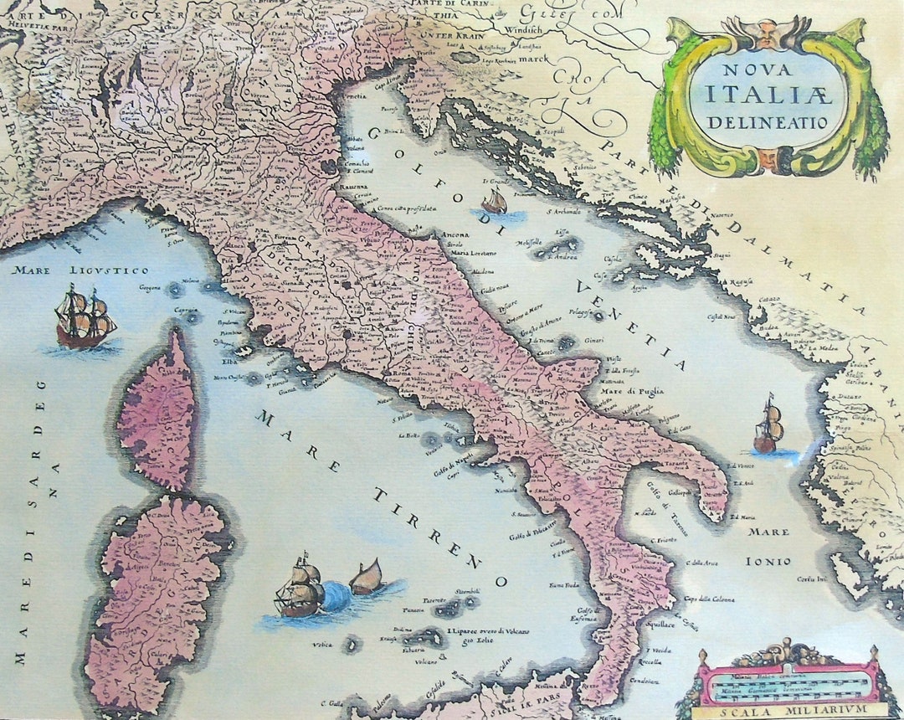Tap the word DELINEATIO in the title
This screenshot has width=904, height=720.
coord(767,121)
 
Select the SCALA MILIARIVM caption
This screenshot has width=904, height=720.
coord(788,711)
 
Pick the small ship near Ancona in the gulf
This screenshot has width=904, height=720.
coord(495,202)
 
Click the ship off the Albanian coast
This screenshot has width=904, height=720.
coord(768,427)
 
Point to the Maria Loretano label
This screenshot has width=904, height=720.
coord(474,252)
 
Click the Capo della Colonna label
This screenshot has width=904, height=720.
coord(710,599)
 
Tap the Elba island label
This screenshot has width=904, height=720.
coord(230,363)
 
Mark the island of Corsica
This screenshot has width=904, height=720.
coord(159,410)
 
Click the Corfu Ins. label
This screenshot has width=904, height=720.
coord(811,579)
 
